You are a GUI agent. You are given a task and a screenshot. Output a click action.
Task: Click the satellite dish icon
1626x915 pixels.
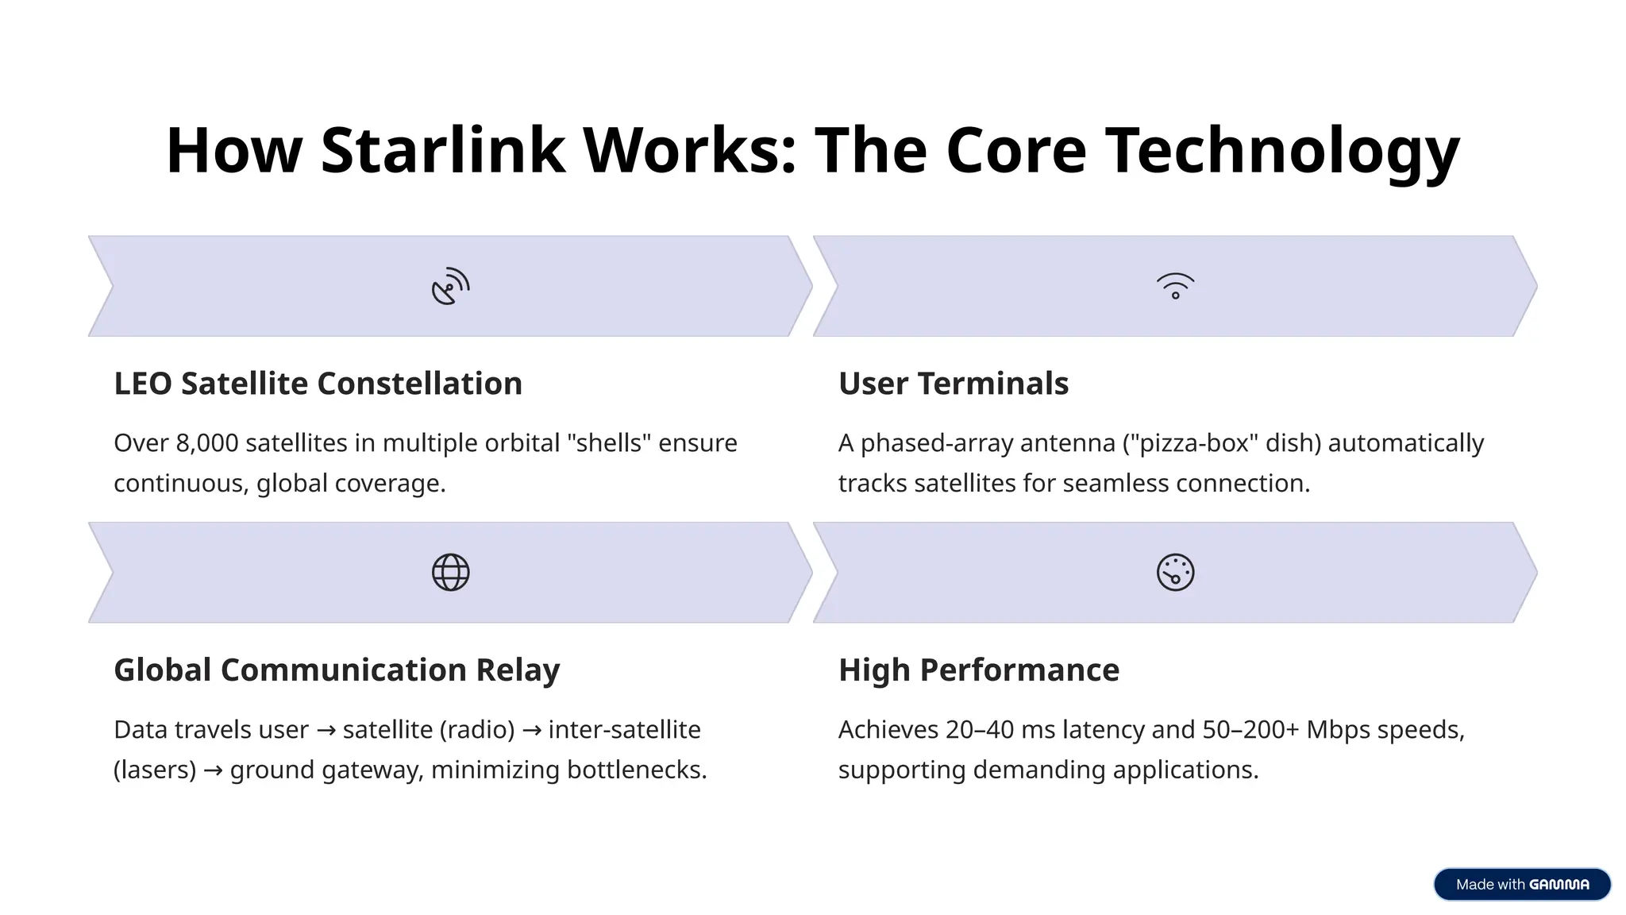point(450,286)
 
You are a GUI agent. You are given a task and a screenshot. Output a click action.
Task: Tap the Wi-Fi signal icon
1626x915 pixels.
point(1175,286)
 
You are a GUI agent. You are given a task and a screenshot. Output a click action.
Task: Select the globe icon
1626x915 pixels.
point(450,572)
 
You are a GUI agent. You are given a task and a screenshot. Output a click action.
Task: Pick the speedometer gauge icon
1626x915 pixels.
point(1175,572)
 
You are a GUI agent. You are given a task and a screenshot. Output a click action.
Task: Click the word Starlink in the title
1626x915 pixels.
point(443,150)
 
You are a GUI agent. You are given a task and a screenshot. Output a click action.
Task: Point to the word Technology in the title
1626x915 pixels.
point(1282,150)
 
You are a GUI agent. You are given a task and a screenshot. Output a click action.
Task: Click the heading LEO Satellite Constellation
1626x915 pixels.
point(318,384)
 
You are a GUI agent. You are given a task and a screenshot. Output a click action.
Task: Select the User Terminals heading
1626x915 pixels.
point(953,384)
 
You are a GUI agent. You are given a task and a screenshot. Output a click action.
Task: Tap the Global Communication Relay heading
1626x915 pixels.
point(337,670)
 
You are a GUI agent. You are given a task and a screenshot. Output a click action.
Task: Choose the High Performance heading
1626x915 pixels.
point(978,670)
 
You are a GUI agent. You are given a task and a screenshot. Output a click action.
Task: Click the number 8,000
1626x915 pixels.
point(206,443)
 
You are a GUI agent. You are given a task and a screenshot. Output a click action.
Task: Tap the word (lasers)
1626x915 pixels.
point(155,770)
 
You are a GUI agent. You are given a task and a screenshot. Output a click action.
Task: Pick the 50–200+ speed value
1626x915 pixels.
point(1250,729)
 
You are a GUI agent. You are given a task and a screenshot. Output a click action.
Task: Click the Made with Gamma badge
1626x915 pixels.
point(1521,884)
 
